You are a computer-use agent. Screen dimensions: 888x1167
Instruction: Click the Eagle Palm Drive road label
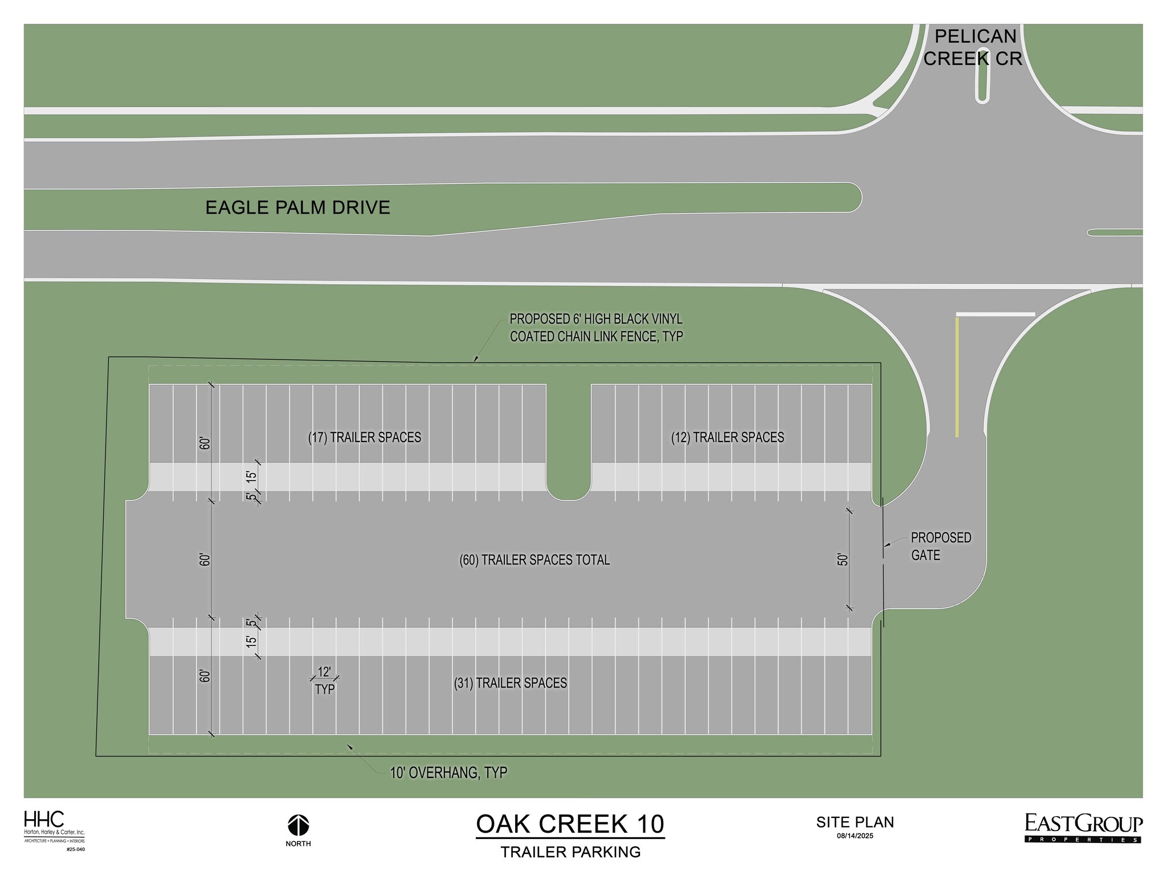coord(297,207)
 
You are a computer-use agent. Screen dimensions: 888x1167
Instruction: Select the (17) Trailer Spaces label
coord(365,437)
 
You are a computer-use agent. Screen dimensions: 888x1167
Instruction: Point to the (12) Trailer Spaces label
coord(727,437)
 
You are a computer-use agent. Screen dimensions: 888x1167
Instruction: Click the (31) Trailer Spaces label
coord(510,683)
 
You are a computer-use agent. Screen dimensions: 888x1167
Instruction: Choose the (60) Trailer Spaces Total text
coord(534,560)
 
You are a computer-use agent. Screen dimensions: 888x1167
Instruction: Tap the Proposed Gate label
coord(940,546)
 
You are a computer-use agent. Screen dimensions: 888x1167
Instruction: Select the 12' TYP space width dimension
coord(324,680)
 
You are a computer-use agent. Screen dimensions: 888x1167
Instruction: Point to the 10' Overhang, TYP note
coord(448,773)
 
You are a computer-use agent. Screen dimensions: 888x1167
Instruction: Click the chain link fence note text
coord(596,328)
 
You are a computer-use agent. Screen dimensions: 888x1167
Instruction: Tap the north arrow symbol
coord(298,825)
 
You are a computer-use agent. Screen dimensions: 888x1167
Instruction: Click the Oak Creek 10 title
coord(570,824)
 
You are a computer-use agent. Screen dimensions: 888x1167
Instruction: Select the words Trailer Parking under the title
coord(570,853)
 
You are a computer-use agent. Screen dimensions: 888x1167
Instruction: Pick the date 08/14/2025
coord(855,836)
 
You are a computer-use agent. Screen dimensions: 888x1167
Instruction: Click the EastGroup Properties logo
coord(1083,828)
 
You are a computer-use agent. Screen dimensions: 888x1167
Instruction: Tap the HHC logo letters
coord(44,820)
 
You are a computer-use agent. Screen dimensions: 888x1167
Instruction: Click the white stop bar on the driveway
coord(995,314)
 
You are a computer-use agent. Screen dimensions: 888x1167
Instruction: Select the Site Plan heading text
coord(855,822)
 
